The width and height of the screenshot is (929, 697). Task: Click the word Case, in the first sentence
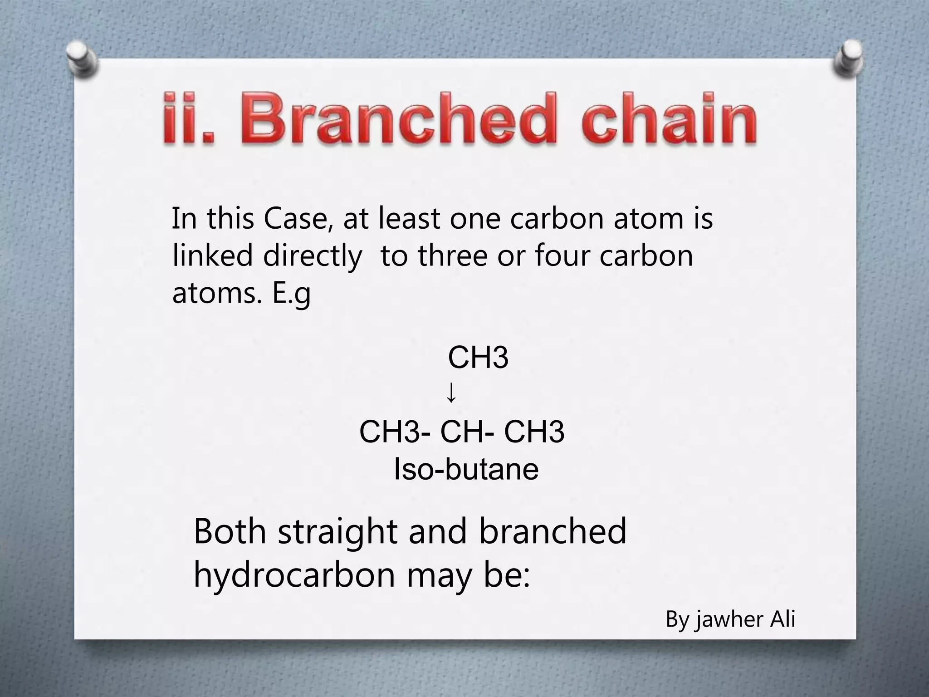point(295,218)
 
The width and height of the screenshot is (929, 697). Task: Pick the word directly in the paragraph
point(313,256)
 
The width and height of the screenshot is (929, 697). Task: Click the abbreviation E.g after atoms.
point(291,294)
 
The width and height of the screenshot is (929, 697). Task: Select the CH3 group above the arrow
point(478,358)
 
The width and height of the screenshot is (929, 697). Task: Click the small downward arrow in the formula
point(451,393)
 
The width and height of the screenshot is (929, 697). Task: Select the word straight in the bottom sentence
point(337,532)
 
